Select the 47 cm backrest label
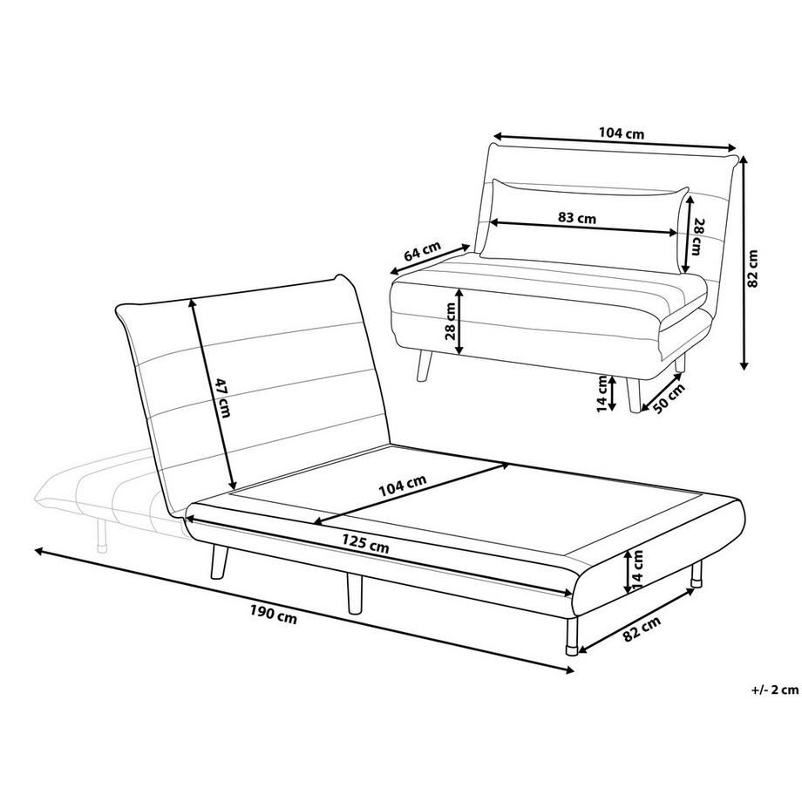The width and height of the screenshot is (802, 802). pos(222,398)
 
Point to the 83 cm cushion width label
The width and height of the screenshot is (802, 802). pos(576,219)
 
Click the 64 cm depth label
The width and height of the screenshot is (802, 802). pos(422,254)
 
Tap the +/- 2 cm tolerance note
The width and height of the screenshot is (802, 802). pos(774,690)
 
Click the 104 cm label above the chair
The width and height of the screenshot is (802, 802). pos(622,133)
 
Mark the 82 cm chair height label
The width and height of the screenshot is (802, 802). pos(755,268)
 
